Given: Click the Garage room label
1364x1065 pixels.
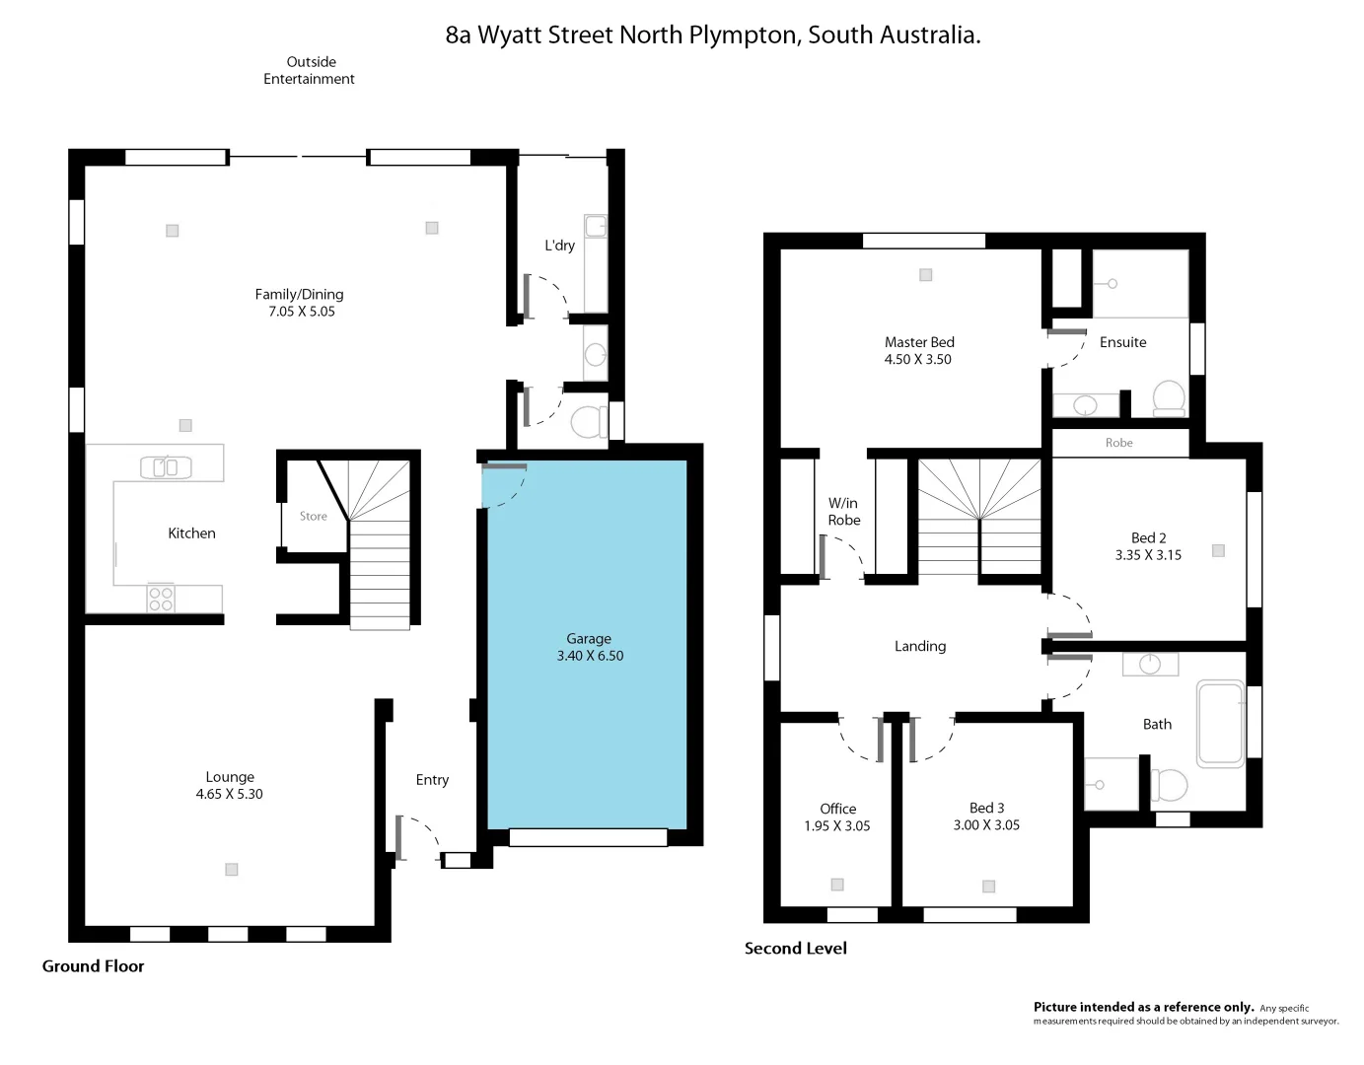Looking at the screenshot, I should pos(589,639).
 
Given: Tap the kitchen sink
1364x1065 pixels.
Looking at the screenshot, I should pos(166,466).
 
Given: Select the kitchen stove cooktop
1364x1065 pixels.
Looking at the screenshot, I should pos(161,599).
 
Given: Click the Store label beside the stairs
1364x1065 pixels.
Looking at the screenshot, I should pos(313,516).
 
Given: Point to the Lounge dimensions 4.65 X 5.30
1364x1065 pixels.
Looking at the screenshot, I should pos(229,794).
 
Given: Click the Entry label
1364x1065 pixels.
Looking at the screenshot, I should pos(432,780).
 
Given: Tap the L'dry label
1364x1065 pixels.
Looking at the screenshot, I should pos(559,246).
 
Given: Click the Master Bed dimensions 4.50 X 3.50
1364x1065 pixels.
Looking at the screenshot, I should pos(917,360).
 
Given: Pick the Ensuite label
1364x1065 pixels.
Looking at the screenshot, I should pos(1122,342).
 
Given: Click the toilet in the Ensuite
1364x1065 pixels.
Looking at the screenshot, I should pos(1169,398).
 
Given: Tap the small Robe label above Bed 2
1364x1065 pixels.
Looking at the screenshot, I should pos(1118,443).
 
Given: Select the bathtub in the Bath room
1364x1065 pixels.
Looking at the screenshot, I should pos(1220,723).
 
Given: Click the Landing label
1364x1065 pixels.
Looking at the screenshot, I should pos(919,646).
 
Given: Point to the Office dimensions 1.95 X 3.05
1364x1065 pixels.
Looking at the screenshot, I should pos(836,826).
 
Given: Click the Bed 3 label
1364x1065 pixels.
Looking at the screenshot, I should pos(986,808).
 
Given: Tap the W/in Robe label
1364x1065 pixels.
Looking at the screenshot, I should pos(843,512).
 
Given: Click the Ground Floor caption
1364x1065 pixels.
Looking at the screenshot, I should pos(93,966).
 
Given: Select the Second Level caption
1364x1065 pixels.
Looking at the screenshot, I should pos(795,949).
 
